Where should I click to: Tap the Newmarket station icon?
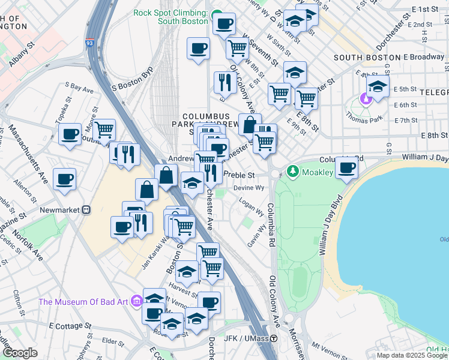(86, 211)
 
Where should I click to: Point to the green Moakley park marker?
(293, 172)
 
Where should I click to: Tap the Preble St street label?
(240, 175)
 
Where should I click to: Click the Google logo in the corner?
(20, 353)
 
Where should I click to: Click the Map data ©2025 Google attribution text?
(412, 355)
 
